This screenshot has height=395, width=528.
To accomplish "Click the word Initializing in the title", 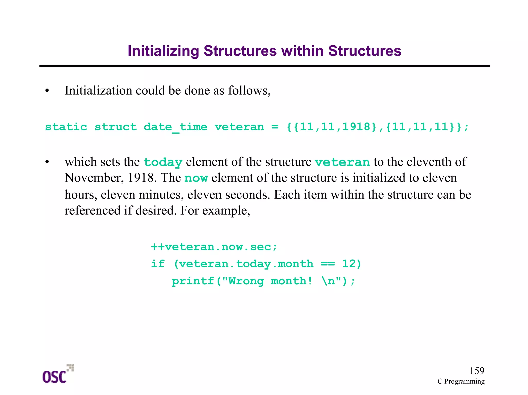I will (x=163, y=51).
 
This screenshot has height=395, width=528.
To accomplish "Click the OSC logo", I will (x=57, y=374).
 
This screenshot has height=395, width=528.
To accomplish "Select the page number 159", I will (x=477, y=371).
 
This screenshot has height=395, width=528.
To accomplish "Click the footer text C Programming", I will (x=461, y=381).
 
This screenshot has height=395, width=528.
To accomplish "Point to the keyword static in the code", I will (x=66, y=127).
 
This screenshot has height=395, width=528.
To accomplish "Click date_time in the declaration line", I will (x=175, y=127).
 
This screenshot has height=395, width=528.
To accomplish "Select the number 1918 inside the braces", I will (x=357, y=127).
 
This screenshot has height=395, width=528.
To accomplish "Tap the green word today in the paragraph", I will (x=163, y=162).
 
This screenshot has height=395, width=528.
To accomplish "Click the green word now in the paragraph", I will (x=196, y=178).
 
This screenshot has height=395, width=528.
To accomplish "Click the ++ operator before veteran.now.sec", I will (x=158, y=247).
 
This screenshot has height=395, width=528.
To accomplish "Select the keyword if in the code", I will (x=158, y=264).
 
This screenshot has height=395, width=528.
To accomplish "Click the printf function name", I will (x=193, y=281).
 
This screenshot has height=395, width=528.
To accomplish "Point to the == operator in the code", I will (x=328, y=264).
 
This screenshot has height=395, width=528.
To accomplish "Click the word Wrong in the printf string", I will (x=246, y=281).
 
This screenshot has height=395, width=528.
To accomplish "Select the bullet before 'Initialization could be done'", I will (x=47, y=91).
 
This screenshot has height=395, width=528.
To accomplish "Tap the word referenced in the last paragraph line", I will (x=92, y=211).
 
